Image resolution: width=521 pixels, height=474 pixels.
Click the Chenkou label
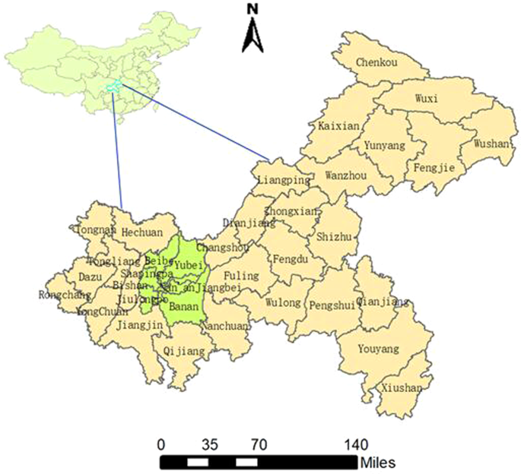(x=376, y=62)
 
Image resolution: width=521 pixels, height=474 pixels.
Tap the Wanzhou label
(x=345, y=175)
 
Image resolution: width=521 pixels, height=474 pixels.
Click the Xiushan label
(x=402, y=387)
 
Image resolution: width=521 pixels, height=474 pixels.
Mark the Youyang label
(x=379, y=349)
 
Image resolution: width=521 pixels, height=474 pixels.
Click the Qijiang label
(x=185, y=352)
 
